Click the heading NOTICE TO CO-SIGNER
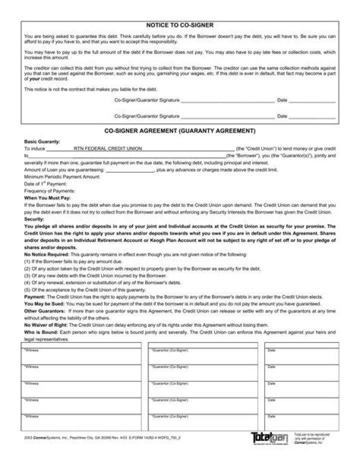tap(179, 25)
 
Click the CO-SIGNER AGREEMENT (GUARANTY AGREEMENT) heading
tap(179, 131)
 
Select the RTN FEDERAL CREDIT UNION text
tap(108, 149)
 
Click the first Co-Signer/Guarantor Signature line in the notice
tap(227, 101)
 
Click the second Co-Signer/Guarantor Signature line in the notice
tap(227, 117)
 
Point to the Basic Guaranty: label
tap(42, 142)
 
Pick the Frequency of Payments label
tap(49, 191)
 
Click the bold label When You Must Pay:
tap(47, 198)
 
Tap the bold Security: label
tap(34, 219)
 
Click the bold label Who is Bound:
tap(41, 332)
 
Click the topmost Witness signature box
tap(81, 356)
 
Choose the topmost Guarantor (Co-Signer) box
tap(203, 356)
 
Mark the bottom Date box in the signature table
tap(301, 422)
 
